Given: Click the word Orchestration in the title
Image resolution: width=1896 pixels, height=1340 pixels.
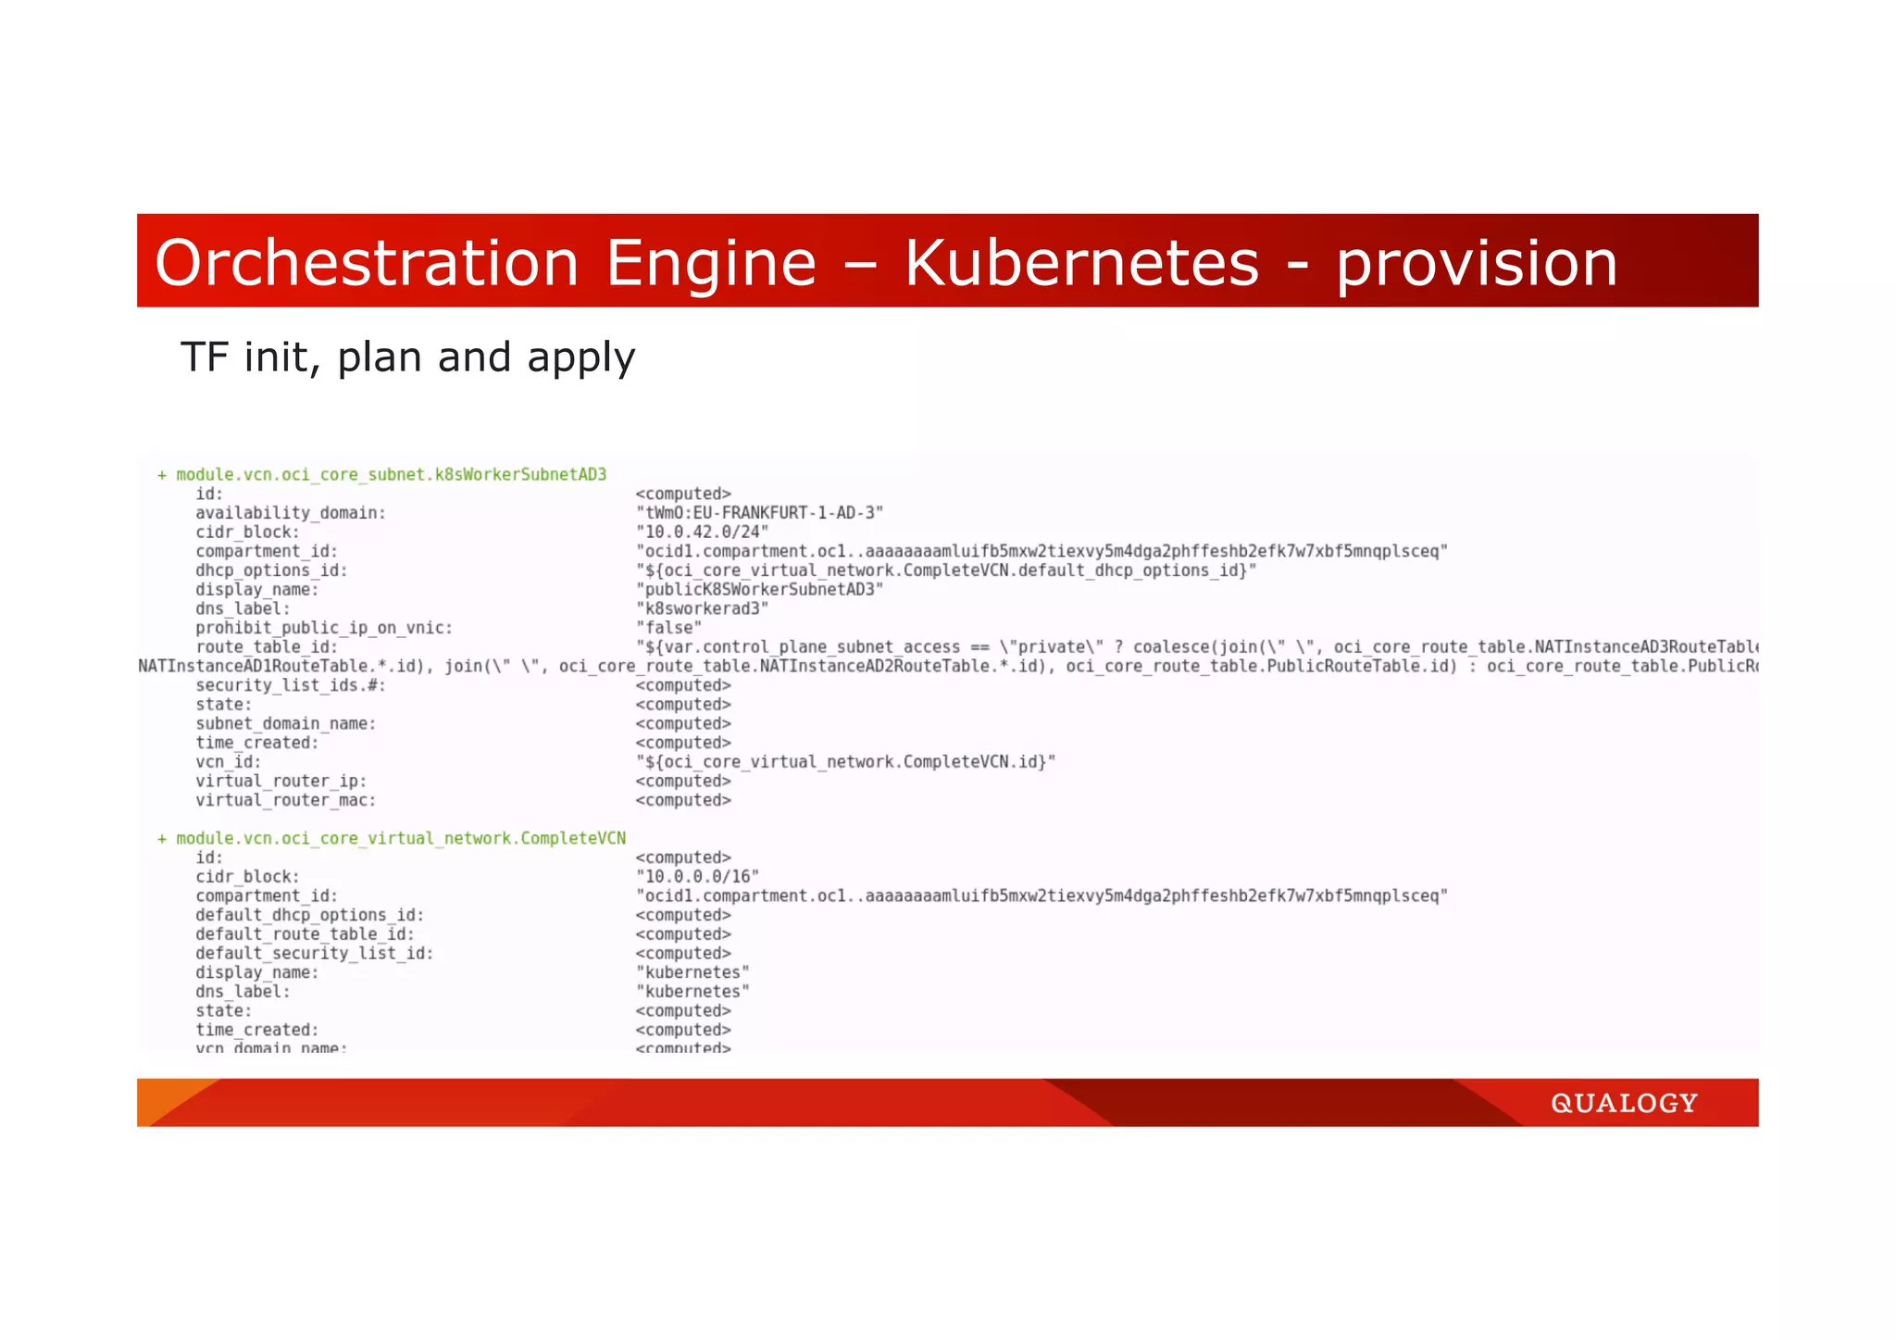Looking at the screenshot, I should coord(367,263).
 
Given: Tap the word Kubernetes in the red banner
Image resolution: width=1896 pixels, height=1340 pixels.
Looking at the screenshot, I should coord(1081,263).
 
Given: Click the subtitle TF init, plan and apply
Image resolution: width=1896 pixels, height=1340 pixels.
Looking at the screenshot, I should coord(407,357).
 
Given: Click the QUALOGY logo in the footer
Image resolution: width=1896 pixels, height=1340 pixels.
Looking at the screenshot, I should coord(1624,1103).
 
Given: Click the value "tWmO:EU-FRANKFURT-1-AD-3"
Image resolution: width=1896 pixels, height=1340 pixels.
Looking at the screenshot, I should coord(759,513).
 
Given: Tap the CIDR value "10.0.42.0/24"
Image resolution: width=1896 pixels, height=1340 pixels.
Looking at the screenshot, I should coord(702,532).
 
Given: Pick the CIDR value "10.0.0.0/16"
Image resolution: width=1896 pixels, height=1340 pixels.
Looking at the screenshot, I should coord(697,877).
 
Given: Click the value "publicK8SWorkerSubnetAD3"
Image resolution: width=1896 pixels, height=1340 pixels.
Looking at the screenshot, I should coord(759,590).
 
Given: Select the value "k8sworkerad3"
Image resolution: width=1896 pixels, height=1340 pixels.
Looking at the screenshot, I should coord(702,609).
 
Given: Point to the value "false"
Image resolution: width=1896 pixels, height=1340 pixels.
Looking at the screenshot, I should coord(668,628).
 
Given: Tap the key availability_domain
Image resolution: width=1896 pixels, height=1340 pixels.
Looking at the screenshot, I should coord(291,513).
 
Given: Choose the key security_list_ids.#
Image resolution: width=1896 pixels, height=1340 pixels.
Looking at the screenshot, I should coord(291,686).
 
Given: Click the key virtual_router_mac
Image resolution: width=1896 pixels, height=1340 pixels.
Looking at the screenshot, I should coord(286,801).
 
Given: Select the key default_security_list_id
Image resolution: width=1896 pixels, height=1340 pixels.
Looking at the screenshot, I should coord(315,954).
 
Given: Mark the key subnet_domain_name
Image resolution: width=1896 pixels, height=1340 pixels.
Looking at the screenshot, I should coord(286,724).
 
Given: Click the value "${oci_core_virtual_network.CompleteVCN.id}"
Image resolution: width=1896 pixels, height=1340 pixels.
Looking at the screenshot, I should coord(845,762).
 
